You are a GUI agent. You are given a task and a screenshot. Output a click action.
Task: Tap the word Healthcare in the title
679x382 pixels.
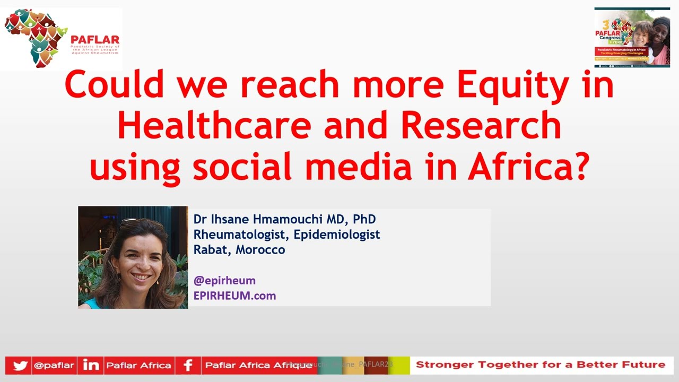coord(214,126)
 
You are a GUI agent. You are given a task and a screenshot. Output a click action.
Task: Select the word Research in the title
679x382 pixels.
coord(481,126)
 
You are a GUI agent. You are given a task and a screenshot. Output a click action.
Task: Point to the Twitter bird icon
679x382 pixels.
coord(19,366)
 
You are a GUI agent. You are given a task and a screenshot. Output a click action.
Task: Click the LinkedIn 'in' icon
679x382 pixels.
coord(91,366)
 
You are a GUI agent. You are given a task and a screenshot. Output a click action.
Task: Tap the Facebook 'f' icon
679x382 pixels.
coord(188,366)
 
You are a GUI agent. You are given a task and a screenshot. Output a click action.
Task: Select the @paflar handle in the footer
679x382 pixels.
coord(54,366)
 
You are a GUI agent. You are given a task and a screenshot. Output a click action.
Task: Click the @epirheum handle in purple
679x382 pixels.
coord(224,280)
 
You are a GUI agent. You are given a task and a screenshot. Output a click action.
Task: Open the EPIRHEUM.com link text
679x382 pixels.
coord(234,296)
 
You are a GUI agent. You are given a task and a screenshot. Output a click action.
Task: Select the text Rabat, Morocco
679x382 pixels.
coord(239,249)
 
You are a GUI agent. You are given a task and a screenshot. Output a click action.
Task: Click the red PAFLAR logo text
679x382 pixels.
coord(95,40)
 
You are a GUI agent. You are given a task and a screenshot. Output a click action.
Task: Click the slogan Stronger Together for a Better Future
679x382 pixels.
coord(540,365)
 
